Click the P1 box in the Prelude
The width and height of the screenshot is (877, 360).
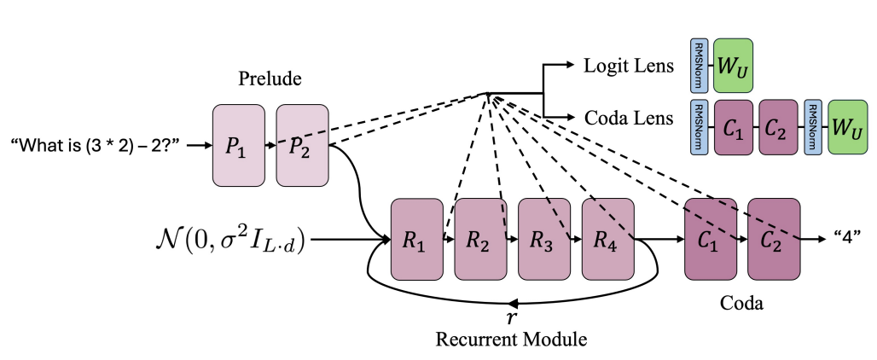(238, 145)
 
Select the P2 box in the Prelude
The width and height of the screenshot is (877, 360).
(302, 145)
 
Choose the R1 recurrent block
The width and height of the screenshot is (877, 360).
(416, 240)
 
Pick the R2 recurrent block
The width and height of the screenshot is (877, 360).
(480, 240)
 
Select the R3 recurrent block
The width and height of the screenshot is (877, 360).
(543, 240)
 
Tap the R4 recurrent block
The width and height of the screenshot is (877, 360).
(607, 240)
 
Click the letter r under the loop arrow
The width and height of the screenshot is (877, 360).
(511, 317)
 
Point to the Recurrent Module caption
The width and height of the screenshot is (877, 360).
(511, 340)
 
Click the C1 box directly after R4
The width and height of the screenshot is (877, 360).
(711, 240)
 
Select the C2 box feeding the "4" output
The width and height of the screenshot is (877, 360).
(774, 240)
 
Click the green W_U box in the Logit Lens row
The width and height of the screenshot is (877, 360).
(733, 65)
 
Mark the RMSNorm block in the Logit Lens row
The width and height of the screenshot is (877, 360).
(698, 65)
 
